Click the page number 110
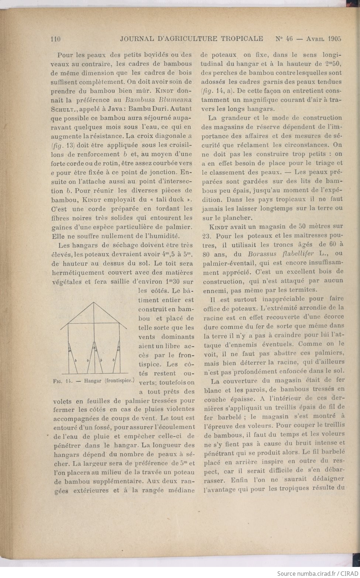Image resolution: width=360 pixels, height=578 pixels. point(55,39)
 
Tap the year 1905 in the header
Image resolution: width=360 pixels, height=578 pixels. point(333,38)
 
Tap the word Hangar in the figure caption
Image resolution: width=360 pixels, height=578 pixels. point(93,381)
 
